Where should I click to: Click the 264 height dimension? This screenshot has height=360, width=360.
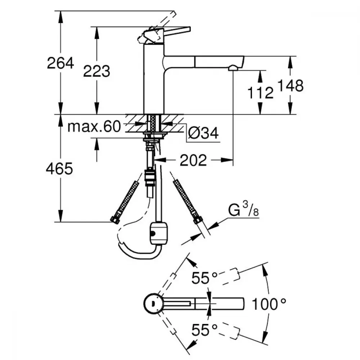60,63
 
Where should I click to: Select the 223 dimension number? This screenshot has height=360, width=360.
96,71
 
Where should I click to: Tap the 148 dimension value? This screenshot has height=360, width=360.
291,85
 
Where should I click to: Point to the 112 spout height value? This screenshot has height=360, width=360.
260,93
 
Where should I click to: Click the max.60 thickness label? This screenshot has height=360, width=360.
94,126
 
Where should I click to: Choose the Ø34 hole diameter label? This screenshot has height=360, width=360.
203,133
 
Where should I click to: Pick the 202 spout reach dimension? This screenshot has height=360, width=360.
193,160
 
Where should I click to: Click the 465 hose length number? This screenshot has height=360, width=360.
59,169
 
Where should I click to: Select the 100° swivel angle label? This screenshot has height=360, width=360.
269,304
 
